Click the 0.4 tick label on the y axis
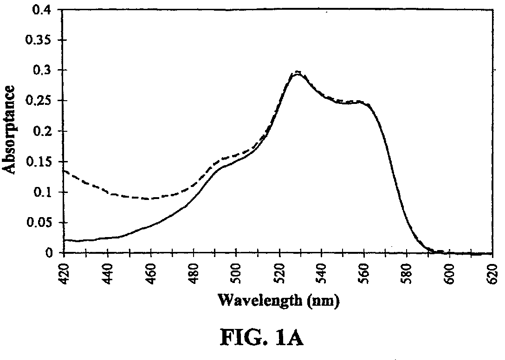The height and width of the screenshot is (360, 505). click(41, 10)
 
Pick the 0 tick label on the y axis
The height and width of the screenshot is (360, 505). click(48, 253)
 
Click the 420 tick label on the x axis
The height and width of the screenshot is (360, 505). click(65, 274)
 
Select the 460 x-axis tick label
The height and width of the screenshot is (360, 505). click(150, 274)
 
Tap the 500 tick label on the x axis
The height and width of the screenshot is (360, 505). click(236, 274)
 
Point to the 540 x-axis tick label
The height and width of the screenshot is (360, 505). click(322, 274)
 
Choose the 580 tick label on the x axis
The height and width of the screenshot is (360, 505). click(408, 274)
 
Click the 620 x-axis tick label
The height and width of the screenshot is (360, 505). click(493, 274)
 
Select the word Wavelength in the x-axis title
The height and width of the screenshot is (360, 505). click(260, 301)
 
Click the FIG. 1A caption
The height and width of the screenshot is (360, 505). click(261, 338)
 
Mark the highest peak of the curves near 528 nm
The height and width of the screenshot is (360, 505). click(298, 71)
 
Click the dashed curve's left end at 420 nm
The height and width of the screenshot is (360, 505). click(65, 171)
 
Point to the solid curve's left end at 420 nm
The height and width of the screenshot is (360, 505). click(65, 240)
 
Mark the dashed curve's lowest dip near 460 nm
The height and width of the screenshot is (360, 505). click(148, 199)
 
